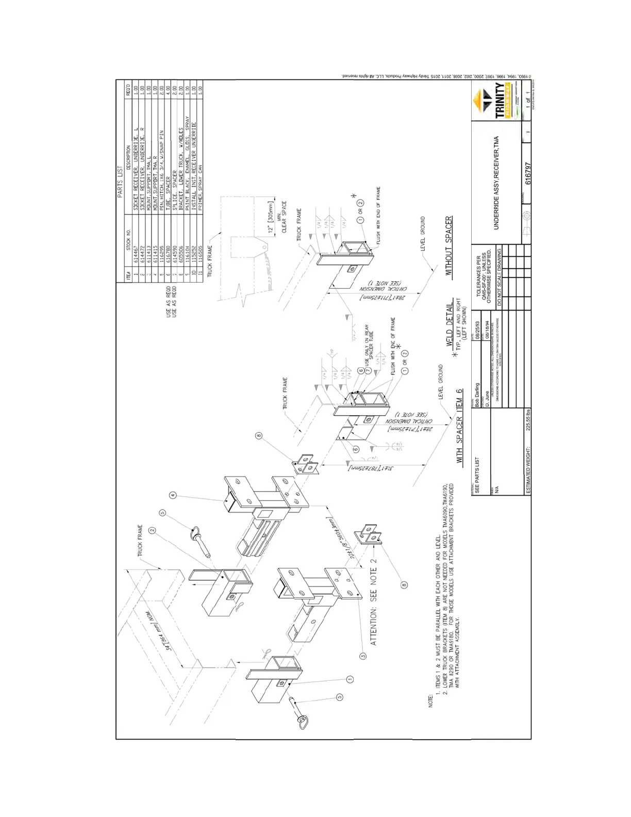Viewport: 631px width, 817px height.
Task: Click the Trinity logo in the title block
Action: click(499, 101)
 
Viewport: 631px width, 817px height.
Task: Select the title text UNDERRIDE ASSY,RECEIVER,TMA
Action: click(496, 183)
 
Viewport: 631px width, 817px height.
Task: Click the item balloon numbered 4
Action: click(173, 495)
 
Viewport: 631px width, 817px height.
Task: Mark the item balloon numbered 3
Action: click(363, 656)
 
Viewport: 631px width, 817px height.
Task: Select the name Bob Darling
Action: click(477, 395)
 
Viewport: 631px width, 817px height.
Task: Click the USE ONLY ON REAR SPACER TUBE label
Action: click(369, 344)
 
